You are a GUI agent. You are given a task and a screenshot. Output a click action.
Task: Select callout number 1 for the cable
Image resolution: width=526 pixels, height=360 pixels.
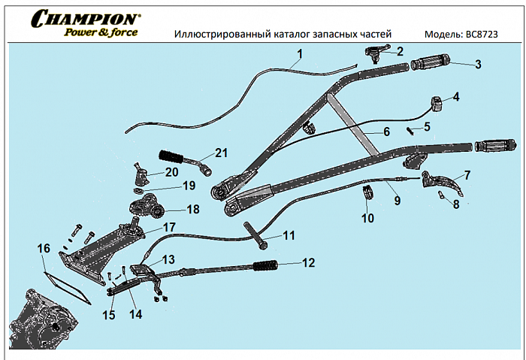(300, 53)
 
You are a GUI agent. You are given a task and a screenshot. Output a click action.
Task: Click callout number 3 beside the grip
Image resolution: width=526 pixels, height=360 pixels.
(479, 64)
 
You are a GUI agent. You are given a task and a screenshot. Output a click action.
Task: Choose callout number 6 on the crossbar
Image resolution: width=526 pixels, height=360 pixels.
(386, 132)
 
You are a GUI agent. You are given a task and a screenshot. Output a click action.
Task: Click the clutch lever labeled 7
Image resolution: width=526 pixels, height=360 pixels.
(446, 182)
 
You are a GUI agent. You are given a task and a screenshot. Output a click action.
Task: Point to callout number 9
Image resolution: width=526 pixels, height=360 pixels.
(397, 201)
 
